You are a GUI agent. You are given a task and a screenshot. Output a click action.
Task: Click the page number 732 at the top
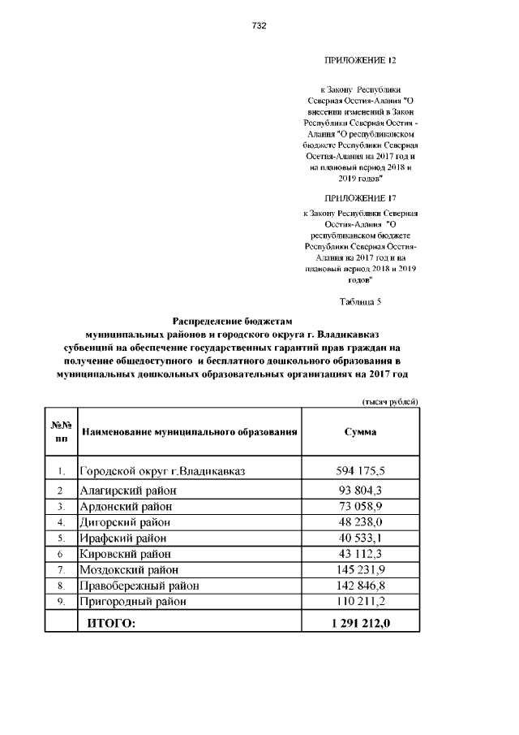pyautogui.click(x=259, y=26)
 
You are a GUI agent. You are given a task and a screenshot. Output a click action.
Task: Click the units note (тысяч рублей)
pyautogui.click(x=390, y=402)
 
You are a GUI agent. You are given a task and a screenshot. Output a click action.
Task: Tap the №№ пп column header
pyautogui.click(x=61, y=431)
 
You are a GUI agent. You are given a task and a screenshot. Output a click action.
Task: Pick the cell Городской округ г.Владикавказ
pyautogui.click(x=162, y=471)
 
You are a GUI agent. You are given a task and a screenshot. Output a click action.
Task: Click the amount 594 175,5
pyautogui.click(x=360, y=471)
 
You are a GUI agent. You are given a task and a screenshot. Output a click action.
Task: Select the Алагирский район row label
pyautogui.click(x=128, y=491)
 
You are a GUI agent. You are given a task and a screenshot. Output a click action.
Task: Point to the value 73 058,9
pyautogui.click(x=360, y=506)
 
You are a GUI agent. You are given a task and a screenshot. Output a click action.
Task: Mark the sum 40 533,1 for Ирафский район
pyautogui.click(x=360, y=538)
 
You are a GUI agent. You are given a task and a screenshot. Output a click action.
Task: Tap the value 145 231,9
pyautogui.click(x=360, y=569)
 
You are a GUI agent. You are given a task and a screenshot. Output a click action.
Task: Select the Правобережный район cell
pyautogui.click(x=139, y=586)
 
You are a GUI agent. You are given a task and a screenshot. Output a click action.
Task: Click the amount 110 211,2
pyautogui.click(x=360, y=602)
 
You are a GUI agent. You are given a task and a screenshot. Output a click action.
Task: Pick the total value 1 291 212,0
pyautogui.click(x=360, y=623)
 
